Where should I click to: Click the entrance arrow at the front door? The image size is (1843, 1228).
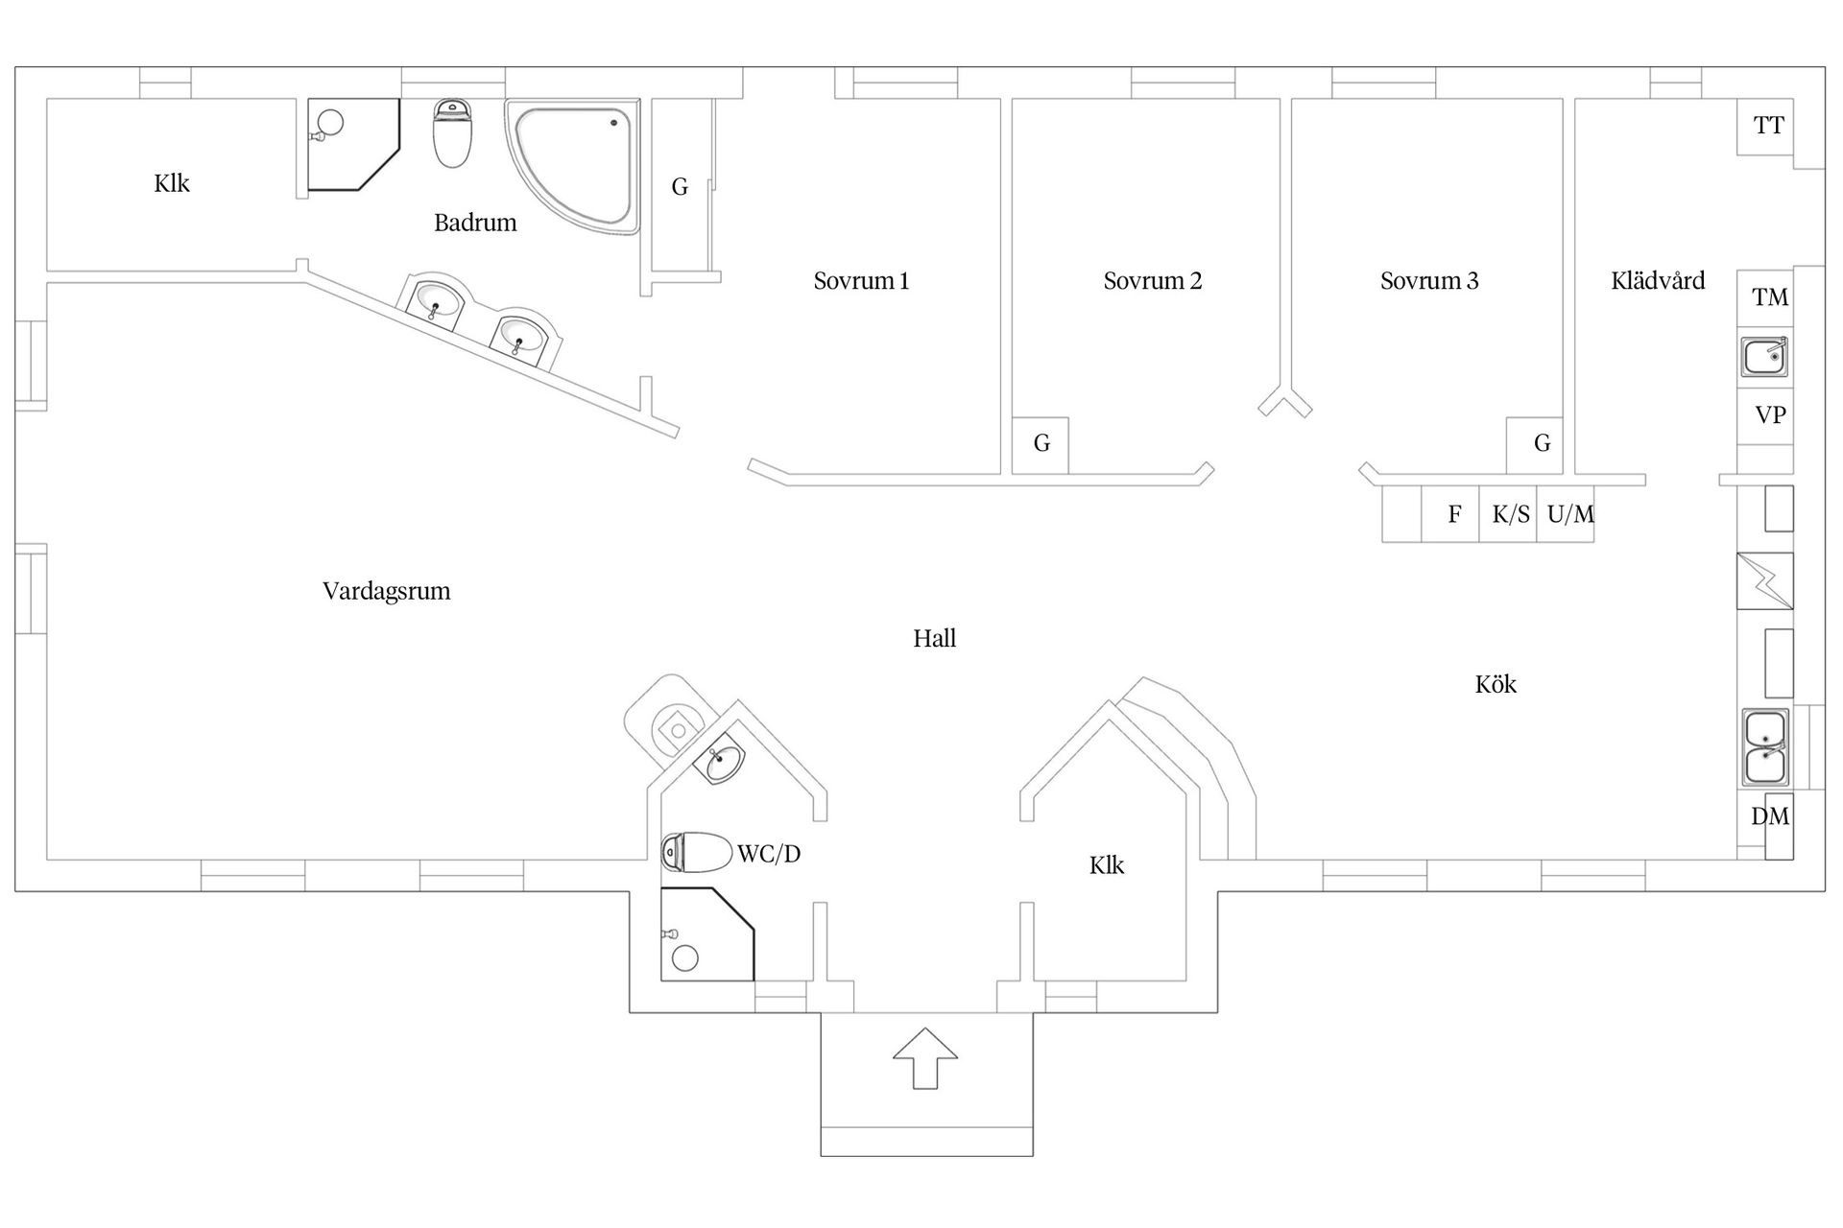[x=924, y=1057]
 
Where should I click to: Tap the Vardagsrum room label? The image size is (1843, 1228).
[x=386, y=591]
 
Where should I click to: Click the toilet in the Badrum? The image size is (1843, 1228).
[x=452, y=134]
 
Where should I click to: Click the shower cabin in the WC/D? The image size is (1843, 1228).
[x=706, y=934]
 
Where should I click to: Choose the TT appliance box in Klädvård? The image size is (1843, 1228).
[x=1767, y=126]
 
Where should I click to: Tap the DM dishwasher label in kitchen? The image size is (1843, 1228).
[x=1769, y=816]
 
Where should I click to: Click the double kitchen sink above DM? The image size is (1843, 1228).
[x=1764, y=748]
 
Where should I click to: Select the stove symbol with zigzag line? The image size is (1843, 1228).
[x=1764, y=580]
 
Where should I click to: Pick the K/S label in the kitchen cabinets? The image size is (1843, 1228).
[x=1510, y=515]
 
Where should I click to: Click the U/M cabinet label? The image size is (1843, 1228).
[x=1569, y=515]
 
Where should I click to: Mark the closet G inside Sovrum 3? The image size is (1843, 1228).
[x=1542, y=443]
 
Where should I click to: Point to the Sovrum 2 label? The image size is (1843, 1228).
[x=1152, y=281]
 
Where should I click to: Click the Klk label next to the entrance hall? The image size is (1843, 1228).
[x=1106, y=865]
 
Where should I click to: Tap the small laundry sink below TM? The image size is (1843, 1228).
[x=1764, y=357]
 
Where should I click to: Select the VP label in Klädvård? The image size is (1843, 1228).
[x=1769, y=415]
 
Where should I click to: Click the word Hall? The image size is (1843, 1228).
[x=934, y=639]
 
